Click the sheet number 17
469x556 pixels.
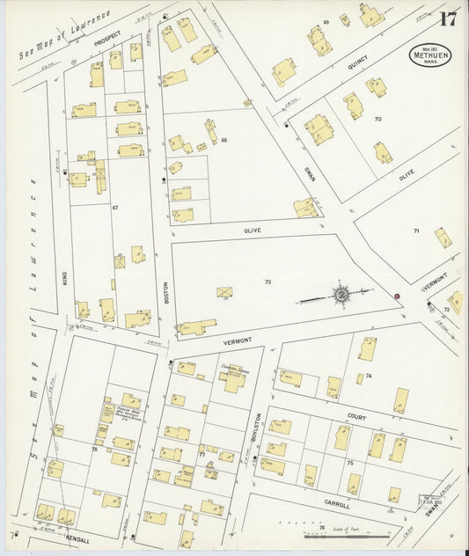pyautogui.click(x=448, y=18)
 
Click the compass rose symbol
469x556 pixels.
pyautogui.click(x=340, y=294)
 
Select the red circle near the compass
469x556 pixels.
pyautogui.click(x=398, y=296)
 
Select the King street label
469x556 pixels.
pyautogui.click(x=65, y=279)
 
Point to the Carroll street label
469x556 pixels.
pyautogui.click(x=338, y=506)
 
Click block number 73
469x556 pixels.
pyautogui.click(x=267, y=282)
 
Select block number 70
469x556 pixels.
pyautogui.click(x=378, y=118)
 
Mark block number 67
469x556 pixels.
pyautogui.click(x=114, y=208)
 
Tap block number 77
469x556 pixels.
pyautogui.click(x=202, y=455)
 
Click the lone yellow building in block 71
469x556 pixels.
pyautogui.click(x=443, y=237)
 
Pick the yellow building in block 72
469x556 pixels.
pyautogui.click(x=455, y=302)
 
